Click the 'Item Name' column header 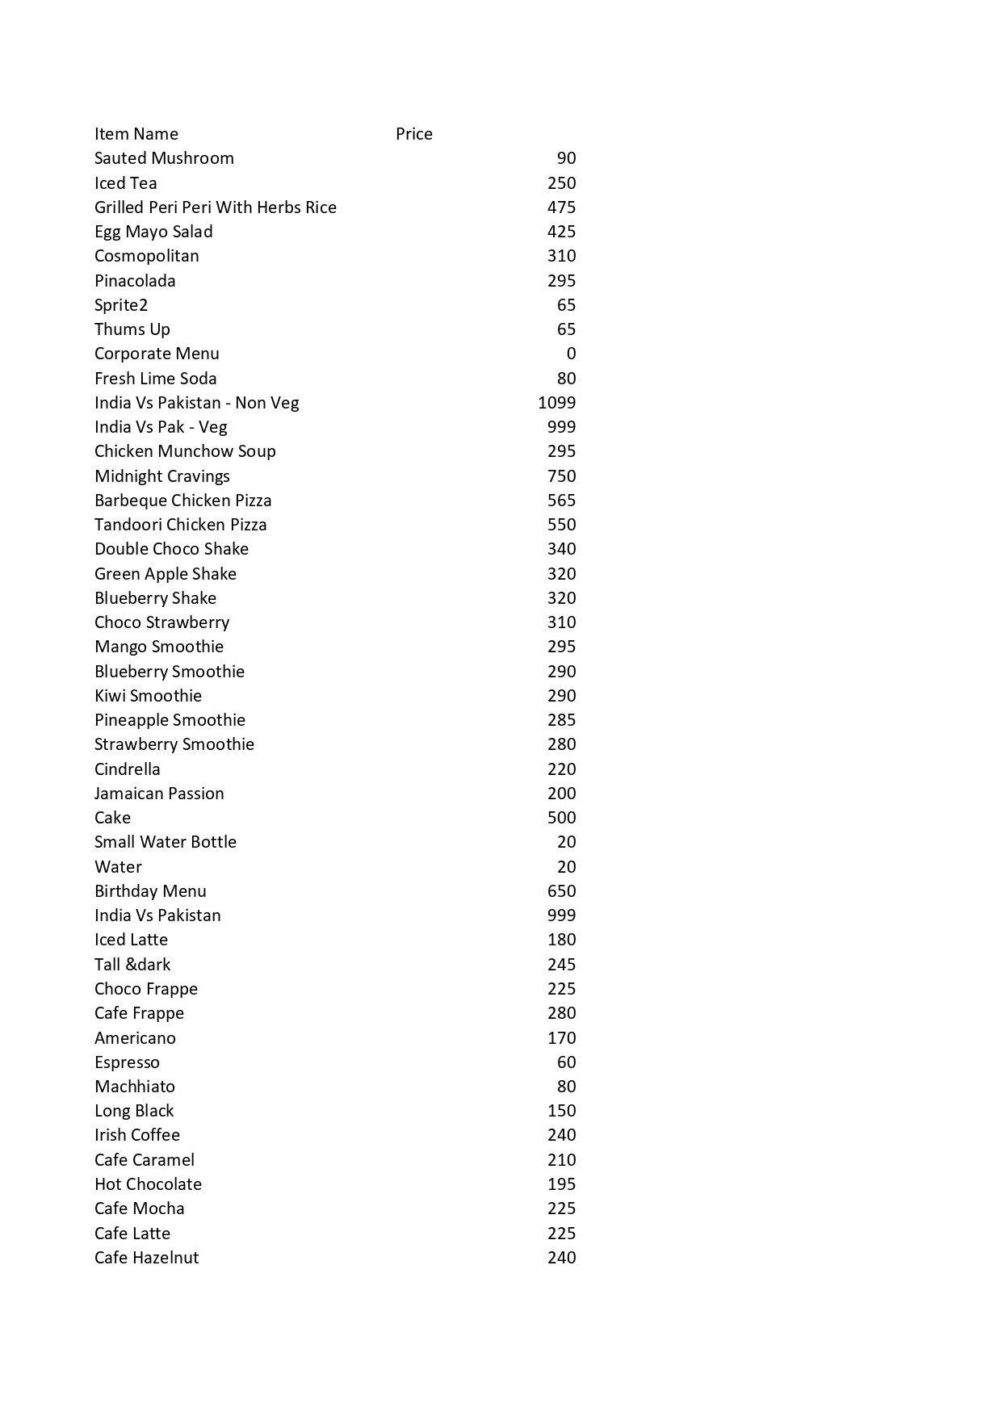136,134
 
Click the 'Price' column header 413,134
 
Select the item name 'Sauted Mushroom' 164,158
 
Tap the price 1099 556,403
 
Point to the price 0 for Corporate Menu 571,354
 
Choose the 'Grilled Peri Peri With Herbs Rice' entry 215,207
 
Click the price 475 561,207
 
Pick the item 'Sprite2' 121,305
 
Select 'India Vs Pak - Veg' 161,427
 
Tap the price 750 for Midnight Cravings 561,476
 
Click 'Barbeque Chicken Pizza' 182,501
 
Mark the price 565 561,501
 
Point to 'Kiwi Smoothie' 148,696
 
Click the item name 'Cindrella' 127,769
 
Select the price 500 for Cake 561,818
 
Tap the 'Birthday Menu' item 150,891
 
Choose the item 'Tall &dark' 132,965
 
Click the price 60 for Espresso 566,1062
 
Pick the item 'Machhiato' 134,1087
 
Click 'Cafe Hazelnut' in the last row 146,1258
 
